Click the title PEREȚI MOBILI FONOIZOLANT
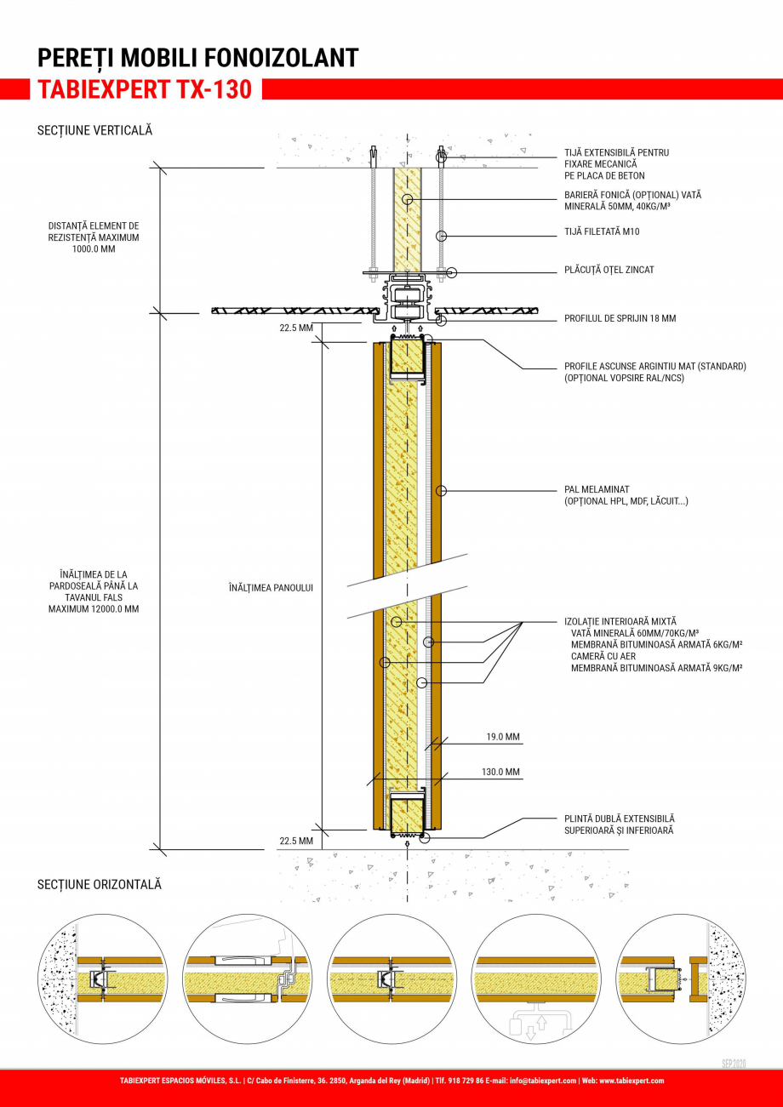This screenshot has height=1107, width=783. click(197, 58)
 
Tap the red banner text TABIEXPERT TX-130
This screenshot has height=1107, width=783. click(145, 89)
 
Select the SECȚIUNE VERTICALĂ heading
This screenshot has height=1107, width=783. click(94, 130)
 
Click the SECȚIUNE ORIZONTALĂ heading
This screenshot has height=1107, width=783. click(99, 885)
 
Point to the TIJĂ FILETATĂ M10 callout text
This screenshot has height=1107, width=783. click(602, 231)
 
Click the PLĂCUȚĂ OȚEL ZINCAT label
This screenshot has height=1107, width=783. click(609, 270)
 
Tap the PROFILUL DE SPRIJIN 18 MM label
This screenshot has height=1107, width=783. click(620, 318)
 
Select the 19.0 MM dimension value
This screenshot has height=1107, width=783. click(503, 737)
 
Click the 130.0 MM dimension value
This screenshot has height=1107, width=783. click(500, 773)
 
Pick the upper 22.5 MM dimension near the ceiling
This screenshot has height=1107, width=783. click(296, 328)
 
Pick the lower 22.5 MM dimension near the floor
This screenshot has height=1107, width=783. click(296, 841)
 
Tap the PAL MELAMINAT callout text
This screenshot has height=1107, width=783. click(597, 489)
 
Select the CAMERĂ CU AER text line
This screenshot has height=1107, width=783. click(603, 656)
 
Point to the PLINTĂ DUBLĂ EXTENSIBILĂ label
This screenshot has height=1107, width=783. click(620, 818)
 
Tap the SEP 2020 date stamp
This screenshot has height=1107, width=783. click(733, 1064)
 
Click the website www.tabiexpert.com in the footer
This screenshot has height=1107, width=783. click(631, 1081)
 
